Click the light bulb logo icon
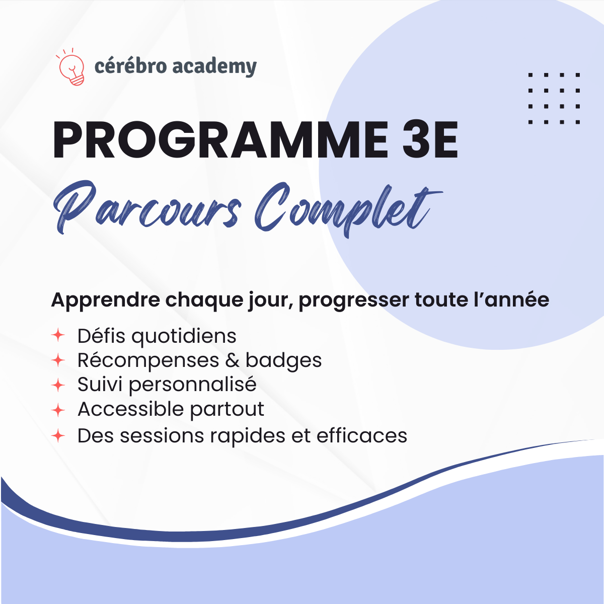click(x=71, y=68)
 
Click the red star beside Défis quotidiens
click(x=58, y=335)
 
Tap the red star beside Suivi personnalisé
click(x=58, y=385)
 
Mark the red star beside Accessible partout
click(x=58, y=410)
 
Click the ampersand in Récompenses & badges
click(x=232, y=360)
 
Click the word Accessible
click(x=130, y=409)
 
